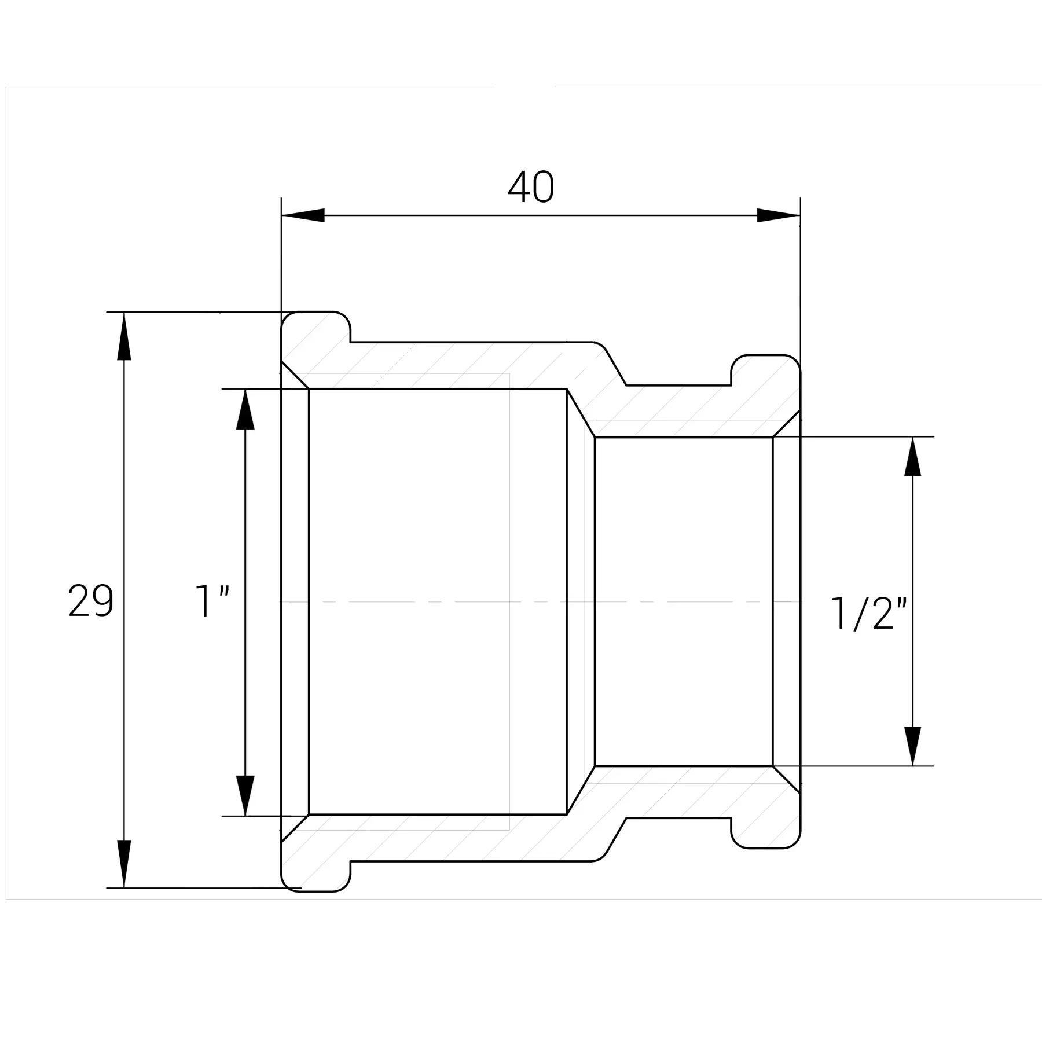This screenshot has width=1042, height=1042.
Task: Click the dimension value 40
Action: (x=531, y=187)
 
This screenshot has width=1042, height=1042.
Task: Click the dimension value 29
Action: (x=90, y=601)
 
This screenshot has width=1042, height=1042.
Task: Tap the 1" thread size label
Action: (x=212, y=602)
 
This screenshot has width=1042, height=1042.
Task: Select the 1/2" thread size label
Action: (x=868, y=613)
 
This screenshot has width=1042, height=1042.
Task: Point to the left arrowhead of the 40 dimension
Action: (x=303, y=215)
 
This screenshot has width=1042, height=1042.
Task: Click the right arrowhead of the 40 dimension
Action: (x=779, y=215)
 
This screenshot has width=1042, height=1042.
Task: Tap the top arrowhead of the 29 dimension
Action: (x=124, y=336)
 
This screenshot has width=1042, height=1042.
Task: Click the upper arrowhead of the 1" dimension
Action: (x=245, y=409)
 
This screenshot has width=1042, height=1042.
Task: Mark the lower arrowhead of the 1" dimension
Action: (x=245, y=795)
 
